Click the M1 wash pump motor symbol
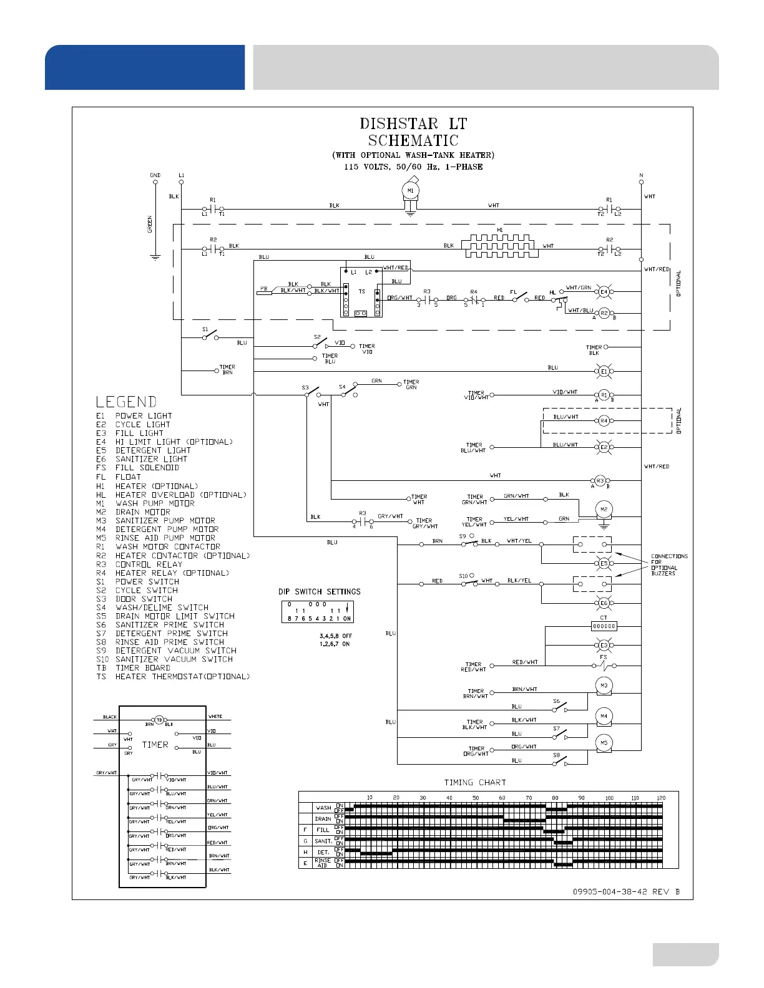click(410, 191)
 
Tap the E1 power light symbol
click(604, 372)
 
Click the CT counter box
click(604, 626)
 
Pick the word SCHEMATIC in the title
click(413, 141)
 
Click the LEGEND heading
click(126, 402)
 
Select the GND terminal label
click(155, 175)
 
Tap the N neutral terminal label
click(641, 175)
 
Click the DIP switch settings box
click(318, 611)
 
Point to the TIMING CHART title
click(475, 782)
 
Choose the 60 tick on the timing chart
click(502, 798)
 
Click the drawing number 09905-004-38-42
click(610, 891)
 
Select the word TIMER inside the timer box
click(155, 745)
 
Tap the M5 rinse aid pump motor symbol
click(604, 743)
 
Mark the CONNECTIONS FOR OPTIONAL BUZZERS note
click(669, 564)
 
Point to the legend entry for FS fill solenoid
click(138, 468)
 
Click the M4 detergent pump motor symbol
click(604, 717)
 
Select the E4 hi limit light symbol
click(604, 291)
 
